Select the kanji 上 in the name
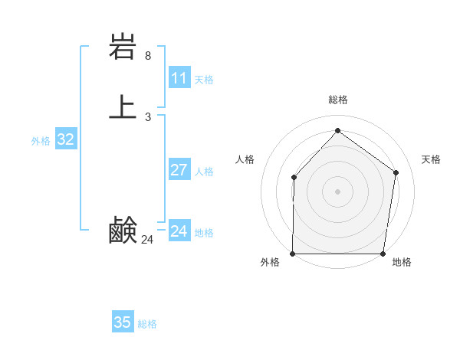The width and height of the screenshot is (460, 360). (123, 106)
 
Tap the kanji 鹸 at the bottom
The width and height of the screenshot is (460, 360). (123, 231)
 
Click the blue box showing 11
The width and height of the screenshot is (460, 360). (179, 78)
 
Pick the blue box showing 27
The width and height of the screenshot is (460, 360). (179, 170)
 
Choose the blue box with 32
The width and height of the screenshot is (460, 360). (65, 139)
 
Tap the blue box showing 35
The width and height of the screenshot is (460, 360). (123, 322)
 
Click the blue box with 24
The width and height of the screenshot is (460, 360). (179, 231)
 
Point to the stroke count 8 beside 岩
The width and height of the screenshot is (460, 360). (148, 56)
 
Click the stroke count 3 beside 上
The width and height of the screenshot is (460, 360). (148, 117)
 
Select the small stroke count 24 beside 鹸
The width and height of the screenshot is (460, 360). (148, 240)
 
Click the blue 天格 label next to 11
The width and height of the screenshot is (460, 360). (204, 80)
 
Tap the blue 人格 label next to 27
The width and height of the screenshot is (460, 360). (204, 172)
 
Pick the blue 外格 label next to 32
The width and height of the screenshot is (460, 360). (41, 141)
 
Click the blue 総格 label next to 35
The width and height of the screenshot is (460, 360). (147, 324)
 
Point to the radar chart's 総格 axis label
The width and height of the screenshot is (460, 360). (338, 100)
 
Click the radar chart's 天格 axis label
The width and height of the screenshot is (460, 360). (431, 159)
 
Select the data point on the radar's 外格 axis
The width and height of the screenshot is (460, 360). (293, 254)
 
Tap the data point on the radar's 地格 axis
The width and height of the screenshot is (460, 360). (383, 254)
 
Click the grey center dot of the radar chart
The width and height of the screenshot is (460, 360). (338, 191)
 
